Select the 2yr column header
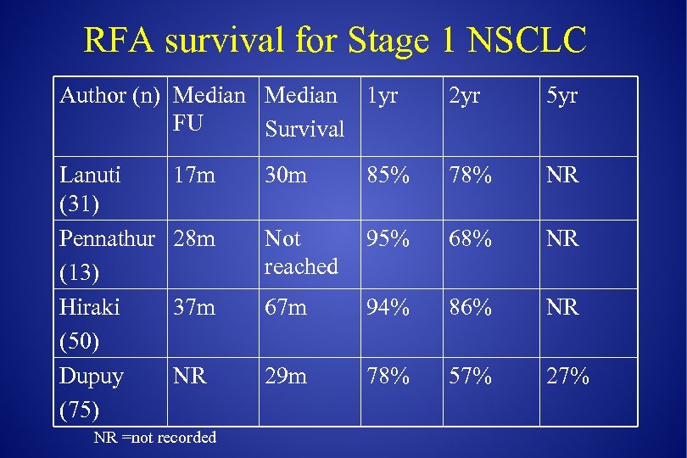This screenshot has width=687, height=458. [x=465, y=96]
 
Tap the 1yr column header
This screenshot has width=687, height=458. [x=381, y=96]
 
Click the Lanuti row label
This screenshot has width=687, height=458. [x=90, y=176]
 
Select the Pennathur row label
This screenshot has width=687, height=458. [x=107, y=239]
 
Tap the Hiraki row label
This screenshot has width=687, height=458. [x=89, y=307]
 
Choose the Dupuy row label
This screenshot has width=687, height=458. [x=92, y=376]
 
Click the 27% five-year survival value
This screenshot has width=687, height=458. [x=567, y=376]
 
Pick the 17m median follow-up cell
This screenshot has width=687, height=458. [x=193, y=176]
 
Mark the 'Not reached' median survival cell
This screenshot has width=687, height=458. [x=301, y=253]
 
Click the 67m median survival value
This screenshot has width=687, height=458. [x=286, y=307]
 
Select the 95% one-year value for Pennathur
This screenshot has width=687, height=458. [x=388, y=239]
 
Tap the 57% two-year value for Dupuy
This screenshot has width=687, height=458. [x=470, y=376]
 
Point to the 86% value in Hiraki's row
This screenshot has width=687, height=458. [x=470, y=307]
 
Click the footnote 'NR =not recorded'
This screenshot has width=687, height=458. [x=155, y=438]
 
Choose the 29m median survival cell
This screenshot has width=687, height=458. [x=286, y=376]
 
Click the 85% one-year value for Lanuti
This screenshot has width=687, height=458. [x=388, y=176]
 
